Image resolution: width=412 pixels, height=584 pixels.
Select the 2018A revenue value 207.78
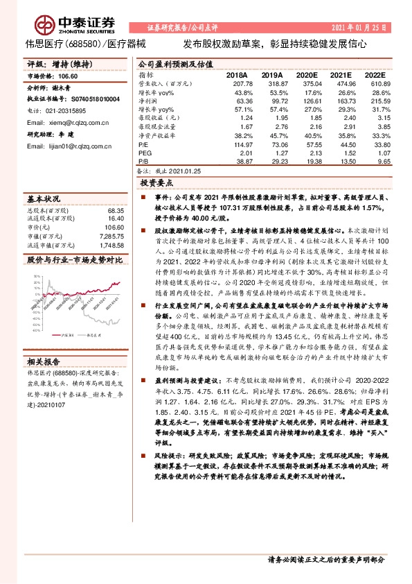237,84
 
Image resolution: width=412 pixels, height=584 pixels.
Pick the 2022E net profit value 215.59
373,101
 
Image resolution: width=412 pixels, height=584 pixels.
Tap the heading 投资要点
156,184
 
